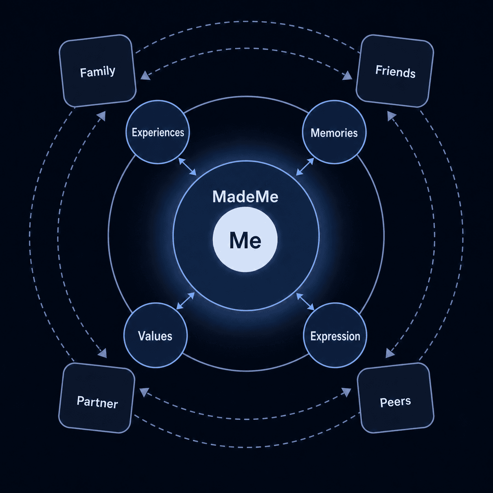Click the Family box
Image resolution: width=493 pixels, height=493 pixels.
(97, 71)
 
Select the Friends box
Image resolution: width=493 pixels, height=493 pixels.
(395, 71)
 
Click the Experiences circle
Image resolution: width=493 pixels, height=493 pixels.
(158, 132)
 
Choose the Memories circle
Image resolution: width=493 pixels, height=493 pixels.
(334, 132)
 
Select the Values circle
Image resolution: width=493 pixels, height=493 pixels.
(156, 335)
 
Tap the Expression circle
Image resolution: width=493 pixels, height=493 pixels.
(335, 335)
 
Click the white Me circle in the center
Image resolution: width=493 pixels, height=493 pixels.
(245, 239)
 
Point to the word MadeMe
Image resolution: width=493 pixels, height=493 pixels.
(245, 197)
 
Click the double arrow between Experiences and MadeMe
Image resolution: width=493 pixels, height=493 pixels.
(187, 167)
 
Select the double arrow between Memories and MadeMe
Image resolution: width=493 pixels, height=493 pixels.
(305, 167)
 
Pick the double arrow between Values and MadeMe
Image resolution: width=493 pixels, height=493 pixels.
(186, 301)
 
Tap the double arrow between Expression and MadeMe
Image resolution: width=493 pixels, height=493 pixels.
(305, 302)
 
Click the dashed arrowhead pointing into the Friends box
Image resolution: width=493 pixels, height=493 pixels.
(348, 76)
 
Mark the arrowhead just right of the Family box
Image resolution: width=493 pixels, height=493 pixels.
(145, 75)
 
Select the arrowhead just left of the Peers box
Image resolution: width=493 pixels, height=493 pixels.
(347, 392)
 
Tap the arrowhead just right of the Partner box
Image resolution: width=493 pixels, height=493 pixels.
(144, 392)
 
